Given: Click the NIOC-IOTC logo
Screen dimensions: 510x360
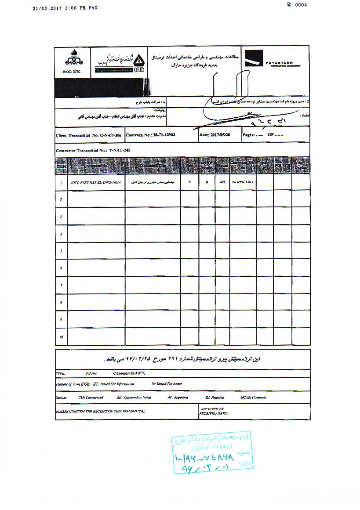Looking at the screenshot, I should [73, 61].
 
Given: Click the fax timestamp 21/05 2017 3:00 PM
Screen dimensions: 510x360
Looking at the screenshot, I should [65, 7].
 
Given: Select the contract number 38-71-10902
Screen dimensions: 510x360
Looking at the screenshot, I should [151, 134].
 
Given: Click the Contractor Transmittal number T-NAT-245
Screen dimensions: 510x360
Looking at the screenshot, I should [94, 150].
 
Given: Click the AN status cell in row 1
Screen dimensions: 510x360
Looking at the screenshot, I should [222, 182].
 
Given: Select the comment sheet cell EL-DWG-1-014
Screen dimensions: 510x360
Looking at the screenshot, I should [243, 182].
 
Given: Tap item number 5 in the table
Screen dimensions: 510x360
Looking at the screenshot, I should [61, 251].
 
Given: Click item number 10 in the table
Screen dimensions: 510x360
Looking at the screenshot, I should [61, 337].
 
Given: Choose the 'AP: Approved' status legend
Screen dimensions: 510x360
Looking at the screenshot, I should [178, 397].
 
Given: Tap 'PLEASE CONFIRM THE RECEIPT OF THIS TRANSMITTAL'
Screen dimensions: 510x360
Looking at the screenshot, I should [101, 411].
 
